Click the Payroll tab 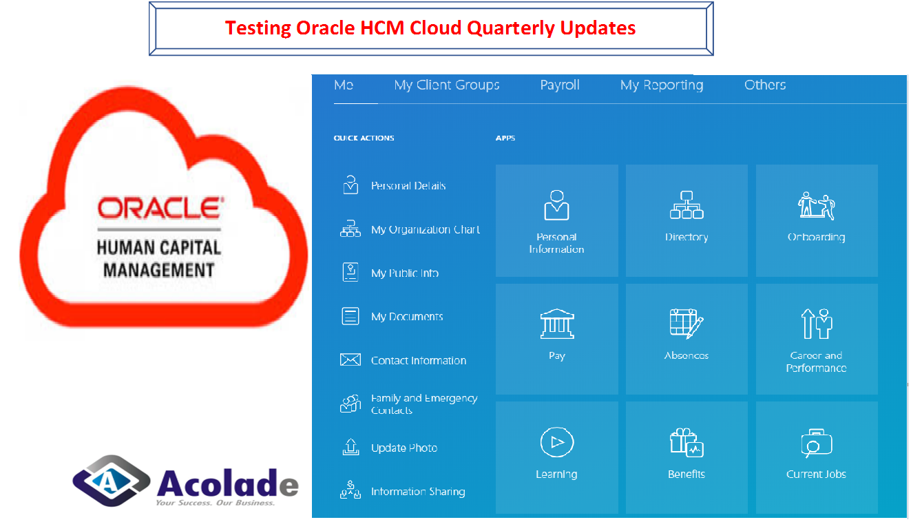coord(559,85)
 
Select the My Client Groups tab coord(447,85)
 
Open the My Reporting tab coord(662,85)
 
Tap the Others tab coord(765,85)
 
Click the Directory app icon coord(687,205)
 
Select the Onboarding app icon coord(816,205)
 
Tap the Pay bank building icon coord(557,324)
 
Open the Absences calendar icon coord(687,324)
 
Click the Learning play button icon coord(557,443)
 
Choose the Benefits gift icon coord(687,443)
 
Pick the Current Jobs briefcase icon coord(817,443)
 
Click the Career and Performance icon coord(817,324)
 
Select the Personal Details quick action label coord(408,186)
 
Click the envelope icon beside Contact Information coord(350,359)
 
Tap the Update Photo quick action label coord(404,448)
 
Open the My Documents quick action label coord(407,317)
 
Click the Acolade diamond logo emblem coord(111,481)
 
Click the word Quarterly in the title coord(510,29)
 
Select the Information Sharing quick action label coord(418,492)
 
